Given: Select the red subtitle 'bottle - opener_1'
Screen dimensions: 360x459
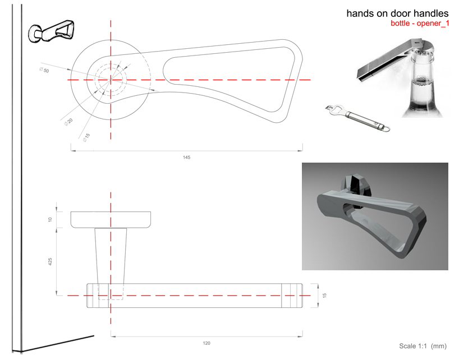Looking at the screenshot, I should [420, 24].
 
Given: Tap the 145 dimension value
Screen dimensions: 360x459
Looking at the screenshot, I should [187, 158].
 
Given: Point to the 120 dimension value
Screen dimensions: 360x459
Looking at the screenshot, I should [206, 343].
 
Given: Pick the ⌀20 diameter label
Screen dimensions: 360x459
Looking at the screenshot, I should [68, 122].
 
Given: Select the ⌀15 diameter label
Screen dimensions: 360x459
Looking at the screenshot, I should [86, 136].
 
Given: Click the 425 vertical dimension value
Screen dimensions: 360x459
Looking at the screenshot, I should [51, 261].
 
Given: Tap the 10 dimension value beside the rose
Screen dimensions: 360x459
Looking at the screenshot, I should [51, 219].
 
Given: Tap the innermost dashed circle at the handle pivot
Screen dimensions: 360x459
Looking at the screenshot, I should [111, 80].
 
